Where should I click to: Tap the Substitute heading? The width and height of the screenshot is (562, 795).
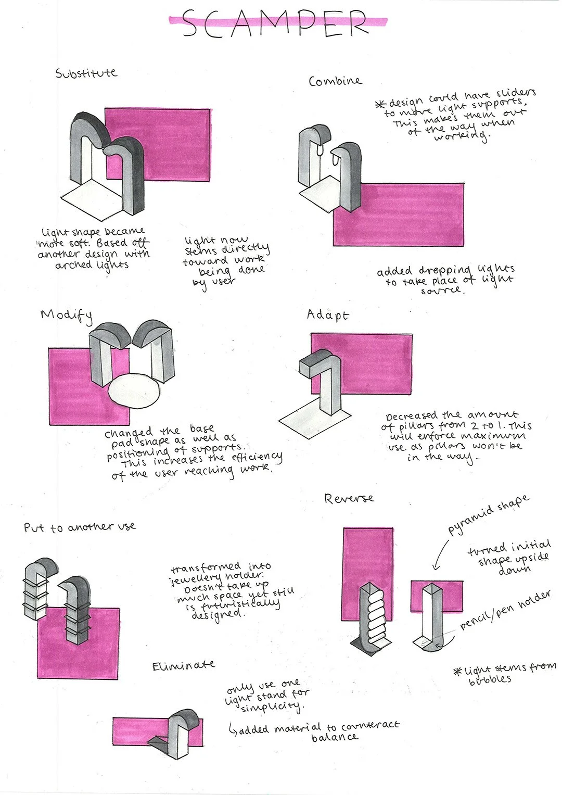click(86, 73)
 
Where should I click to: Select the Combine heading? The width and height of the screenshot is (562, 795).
click(335, 81)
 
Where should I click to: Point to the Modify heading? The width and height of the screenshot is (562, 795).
click(66, 315)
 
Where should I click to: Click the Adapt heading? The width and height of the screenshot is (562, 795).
click(327, 314)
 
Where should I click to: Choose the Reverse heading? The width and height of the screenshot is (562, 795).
click(349, 499)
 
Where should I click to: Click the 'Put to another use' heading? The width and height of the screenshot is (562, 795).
click(80, 527)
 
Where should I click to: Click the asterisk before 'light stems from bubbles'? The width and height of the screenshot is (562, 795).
click(458, 672)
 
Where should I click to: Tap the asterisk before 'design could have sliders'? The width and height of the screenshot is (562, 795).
click(380, 104)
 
